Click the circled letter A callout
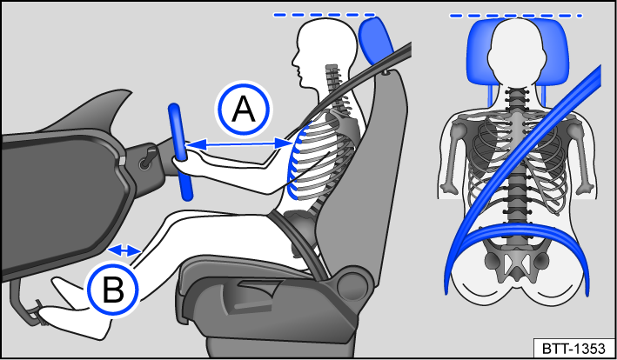245,110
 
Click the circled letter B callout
112,290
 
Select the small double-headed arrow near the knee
126,250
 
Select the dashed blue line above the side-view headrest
324,15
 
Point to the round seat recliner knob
352,283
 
